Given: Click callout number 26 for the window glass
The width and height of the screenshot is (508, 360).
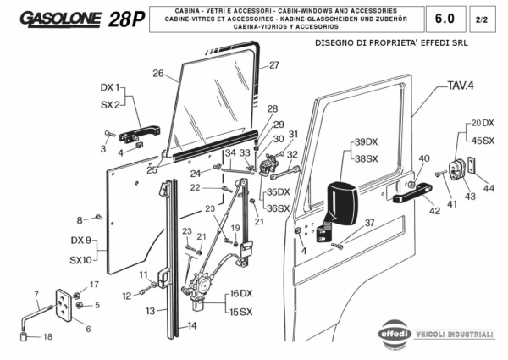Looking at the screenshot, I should tap(157, 74).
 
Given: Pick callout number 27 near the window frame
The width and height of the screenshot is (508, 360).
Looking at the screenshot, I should tap(273, 65).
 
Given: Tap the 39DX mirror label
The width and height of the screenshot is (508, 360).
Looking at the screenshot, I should tap(366, 141).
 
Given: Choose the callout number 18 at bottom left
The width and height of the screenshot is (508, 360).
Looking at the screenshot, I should tap(47, 336).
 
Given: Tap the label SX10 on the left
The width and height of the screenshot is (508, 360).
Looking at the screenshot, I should tap(80, 259).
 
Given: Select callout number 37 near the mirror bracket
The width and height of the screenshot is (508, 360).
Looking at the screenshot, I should tap(369, 223).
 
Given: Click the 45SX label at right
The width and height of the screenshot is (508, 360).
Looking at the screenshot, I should tap(483, 140).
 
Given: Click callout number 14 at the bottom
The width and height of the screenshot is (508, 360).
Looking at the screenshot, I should tap(192, 325).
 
